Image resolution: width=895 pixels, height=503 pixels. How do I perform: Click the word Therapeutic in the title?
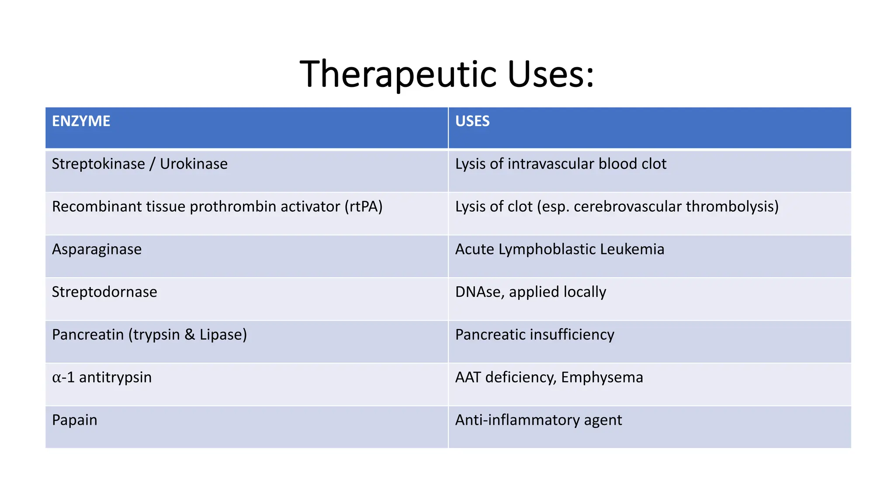[398, 74]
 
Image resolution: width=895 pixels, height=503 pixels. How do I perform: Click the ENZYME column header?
[81, 121]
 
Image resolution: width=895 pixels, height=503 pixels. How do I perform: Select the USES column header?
[472, 121]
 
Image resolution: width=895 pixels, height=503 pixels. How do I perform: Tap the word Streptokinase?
[98, 164]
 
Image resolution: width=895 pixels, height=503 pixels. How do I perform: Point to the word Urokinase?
[194, 164]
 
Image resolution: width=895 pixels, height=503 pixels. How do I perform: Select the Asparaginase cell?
[97, 249]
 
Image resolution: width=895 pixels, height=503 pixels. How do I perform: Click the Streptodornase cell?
[104, 292]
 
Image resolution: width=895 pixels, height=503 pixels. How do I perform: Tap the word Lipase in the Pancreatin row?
[223, 334]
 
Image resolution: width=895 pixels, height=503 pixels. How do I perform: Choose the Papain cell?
[75, 420]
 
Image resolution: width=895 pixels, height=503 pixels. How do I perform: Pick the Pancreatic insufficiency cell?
[534, 334]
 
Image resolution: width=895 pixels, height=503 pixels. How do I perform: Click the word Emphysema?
[602, 377]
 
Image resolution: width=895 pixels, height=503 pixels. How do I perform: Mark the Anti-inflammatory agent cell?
[538, 420]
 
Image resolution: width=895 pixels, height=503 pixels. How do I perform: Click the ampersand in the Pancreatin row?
[190, 334]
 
